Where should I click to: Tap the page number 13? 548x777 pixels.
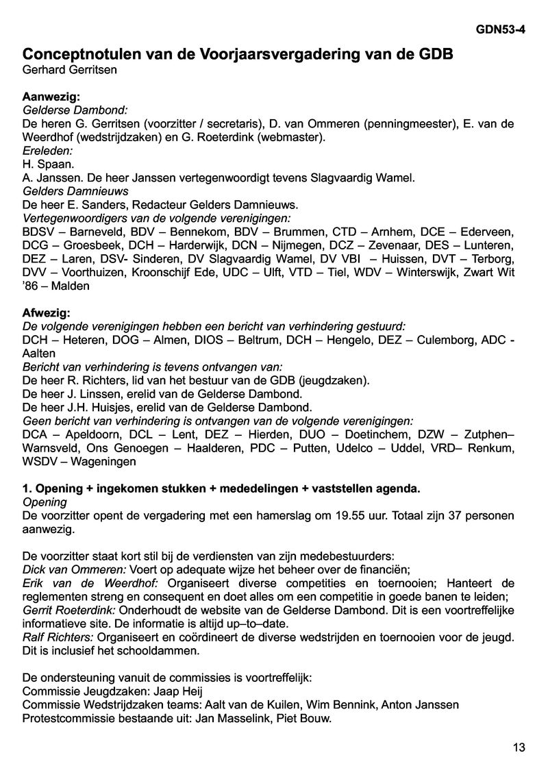coord(519,747)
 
